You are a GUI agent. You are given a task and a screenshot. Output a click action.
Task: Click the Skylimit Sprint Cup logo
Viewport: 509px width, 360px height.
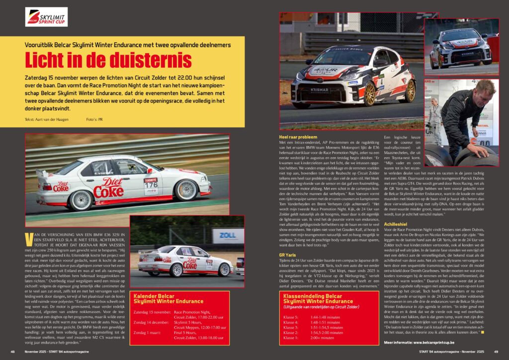(46, 17)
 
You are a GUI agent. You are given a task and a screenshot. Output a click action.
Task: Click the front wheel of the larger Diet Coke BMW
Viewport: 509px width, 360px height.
(186, 190)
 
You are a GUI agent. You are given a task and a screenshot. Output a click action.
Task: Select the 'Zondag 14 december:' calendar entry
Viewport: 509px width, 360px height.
(152, 322)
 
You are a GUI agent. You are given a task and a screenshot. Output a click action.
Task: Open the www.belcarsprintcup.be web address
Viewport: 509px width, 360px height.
(445, 343)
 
